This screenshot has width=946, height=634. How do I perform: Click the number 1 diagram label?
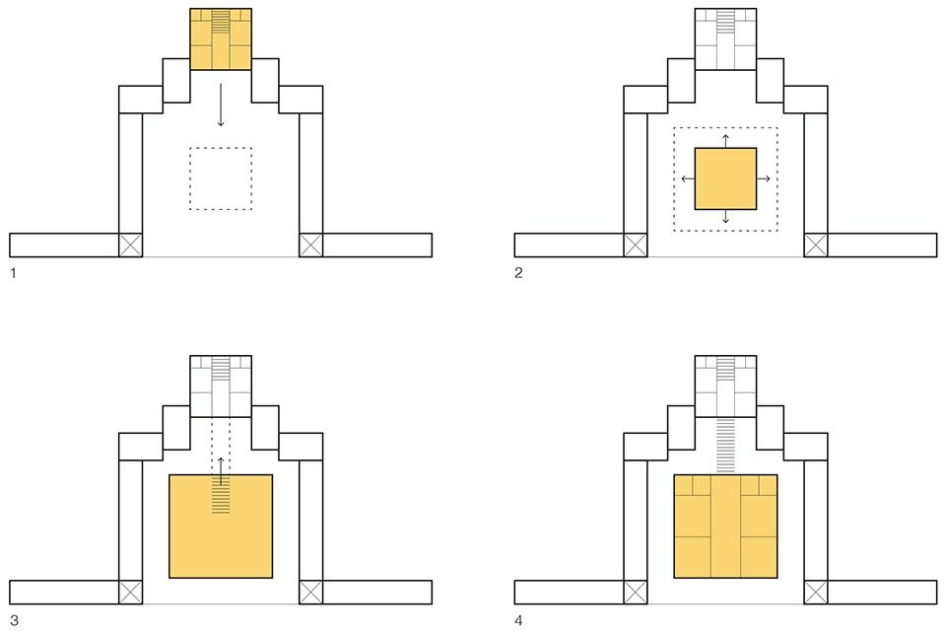pos(13,272)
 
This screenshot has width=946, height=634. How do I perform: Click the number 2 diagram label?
pos(518,272)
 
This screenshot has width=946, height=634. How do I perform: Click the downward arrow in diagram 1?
pos(221,105)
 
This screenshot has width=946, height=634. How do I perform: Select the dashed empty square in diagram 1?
pos(221,178)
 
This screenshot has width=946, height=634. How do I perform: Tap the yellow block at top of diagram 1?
pos(221,39)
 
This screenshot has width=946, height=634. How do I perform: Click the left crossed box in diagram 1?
pos(130,245)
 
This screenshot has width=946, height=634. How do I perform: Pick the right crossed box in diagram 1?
pos(311,245)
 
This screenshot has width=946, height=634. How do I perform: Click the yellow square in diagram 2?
pos(725,178)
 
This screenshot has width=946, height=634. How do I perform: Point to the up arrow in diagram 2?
pos(725,139)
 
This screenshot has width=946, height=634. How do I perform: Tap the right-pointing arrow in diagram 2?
pos(765,178)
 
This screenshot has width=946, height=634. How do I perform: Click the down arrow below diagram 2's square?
pos(725,218)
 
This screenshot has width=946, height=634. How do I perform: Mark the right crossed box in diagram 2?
pos(816,245)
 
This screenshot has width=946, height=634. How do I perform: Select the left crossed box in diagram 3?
pos(130,592)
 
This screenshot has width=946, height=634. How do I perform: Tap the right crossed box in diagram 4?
pos(816,592)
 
